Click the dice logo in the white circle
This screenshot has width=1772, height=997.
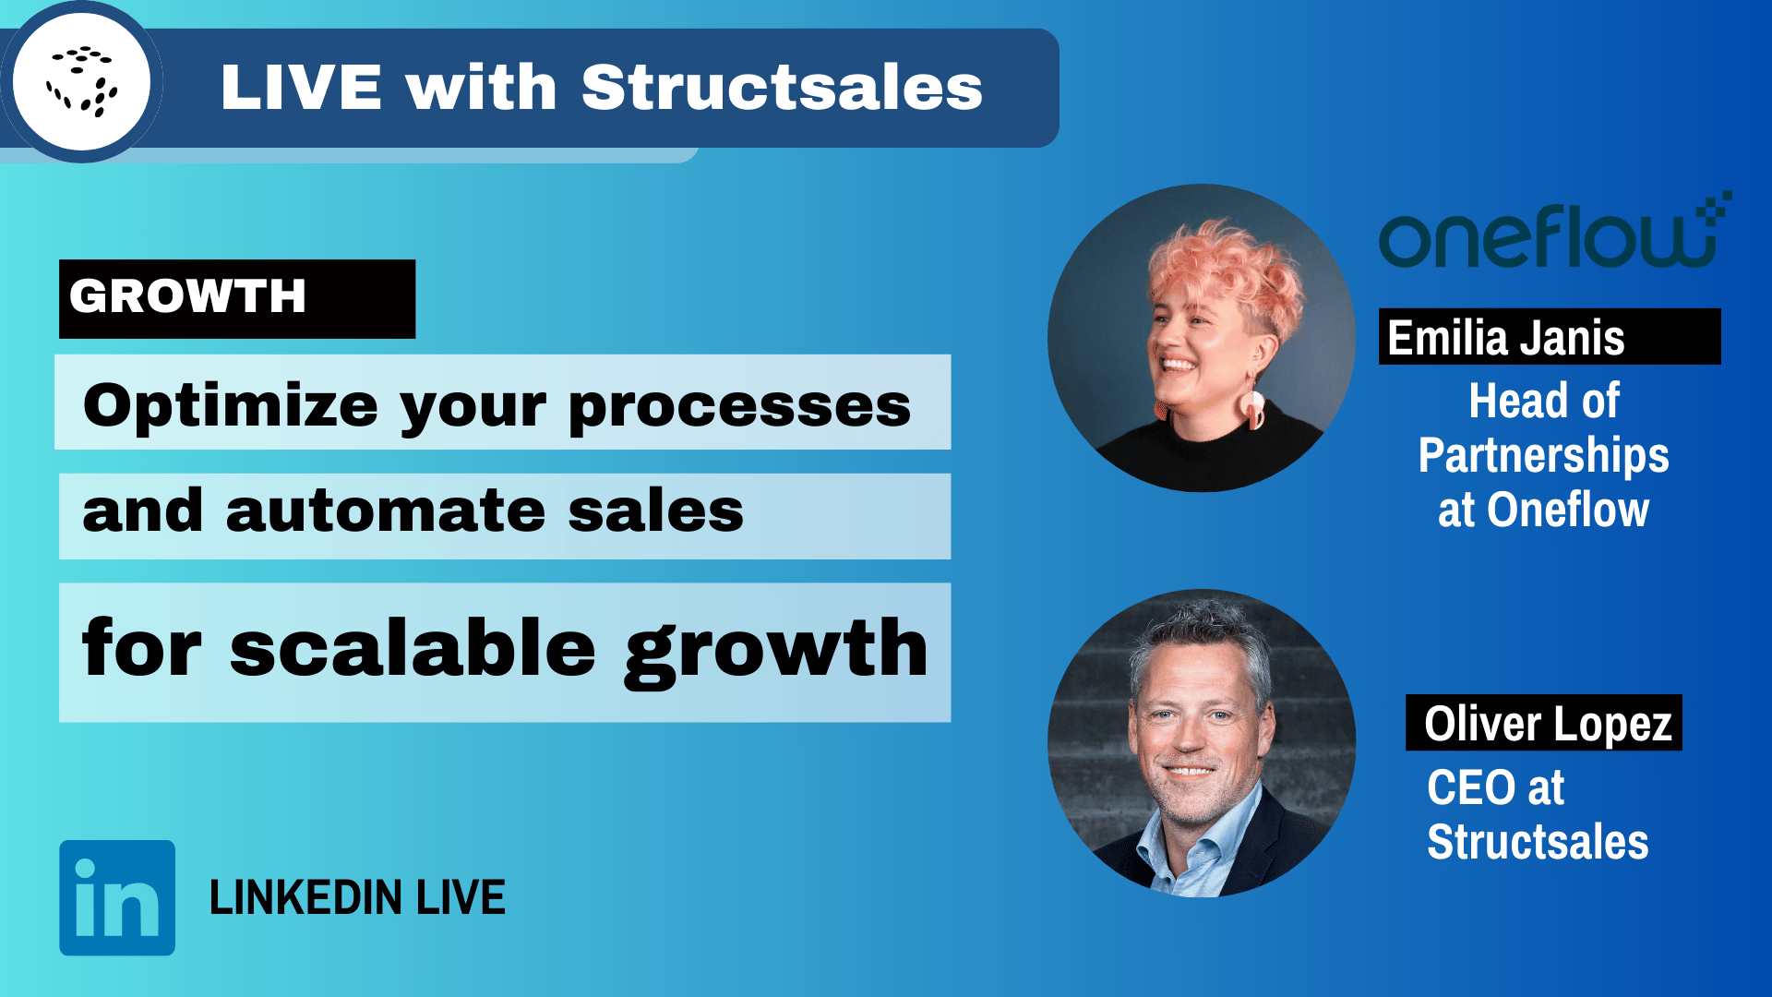tap(82, 82)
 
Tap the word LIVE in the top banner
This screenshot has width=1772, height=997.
tap(301, 89)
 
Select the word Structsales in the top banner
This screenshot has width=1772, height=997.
tap(782, 89)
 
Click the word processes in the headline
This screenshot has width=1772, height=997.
tap(739, 406)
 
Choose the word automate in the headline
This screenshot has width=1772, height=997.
tap(386, 511)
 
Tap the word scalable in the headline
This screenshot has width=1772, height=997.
tap(413, 649)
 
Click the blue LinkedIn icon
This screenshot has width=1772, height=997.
tap(117, 897)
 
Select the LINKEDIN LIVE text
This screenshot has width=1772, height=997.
tap(357, 897)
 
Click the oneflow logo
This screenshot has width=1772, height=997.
tap(1550, 234)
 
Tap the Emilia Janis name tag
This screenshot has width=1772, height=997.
tap(1549, 337)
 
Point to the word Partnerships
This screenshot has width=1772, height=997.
tap(1543, 455)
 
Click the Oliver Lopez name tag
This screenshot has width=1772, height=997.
tap(1543, 723)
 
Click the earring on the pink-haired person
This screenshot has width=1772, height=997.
tap(1252, 406)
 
